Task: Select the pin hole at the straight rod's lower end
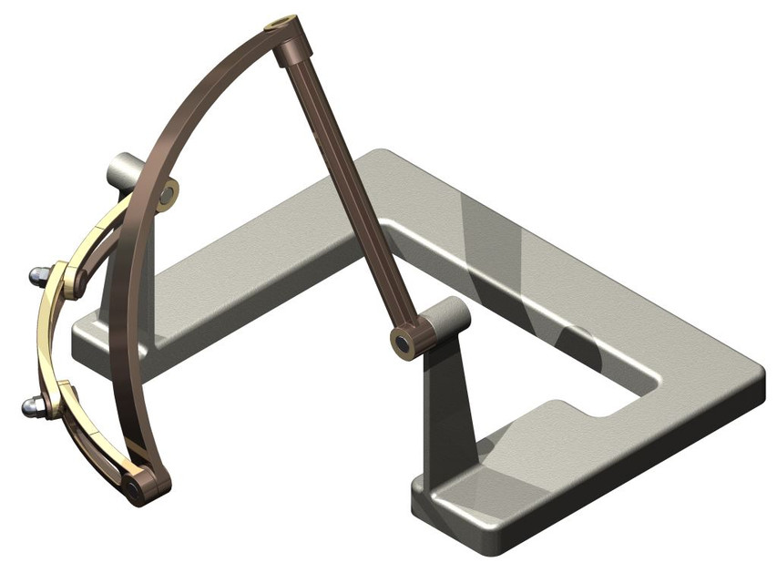point(402,343)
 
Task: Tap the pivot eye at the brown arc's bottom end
point(136,488)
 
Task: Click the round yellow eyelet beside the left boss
point(169,194)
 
